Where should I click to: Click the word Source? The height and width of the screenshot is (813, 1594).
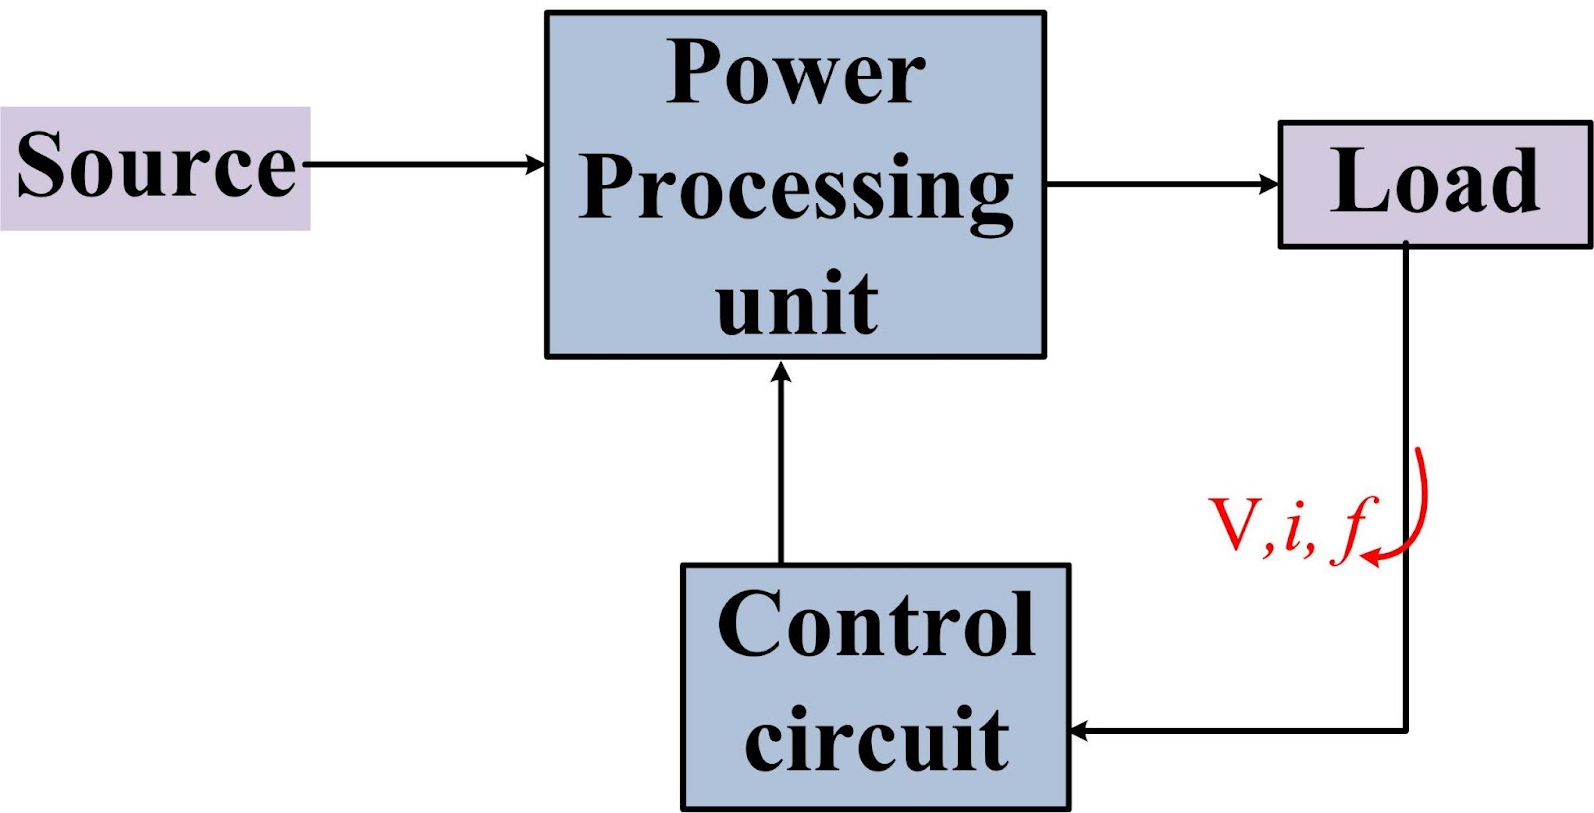coord(156,165)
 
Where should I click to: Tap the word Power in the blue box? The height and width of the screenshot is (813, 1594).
coord(796,74)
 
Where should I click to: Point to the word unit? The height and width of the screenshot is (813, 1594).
coord(796,303)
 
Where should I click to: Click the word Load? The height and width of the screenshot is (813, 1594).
coord(1435,181)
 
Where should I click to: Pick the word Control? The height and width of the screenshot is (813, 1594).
coord(876,624)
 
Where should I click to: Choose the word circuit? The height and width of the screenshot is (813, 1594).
coord(876,739)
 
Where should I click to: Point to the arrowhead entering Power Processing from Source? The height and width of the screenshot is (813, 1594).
coord(536,164)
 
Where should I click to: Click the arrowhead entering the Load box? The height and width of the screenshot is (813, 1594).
coord(1269,184)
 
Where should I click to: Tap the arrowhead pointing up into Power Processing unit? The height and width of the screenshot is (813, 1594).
coord(782,372)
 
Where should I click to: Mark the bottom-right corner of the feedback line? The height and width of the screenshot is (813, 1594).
coord(1406,731)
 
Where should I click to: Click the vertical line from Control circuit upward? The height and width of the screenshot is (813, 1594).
coord(782,468)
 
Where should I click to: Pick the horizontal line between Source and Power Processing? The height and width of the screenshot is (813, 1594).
coord(418,164)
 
